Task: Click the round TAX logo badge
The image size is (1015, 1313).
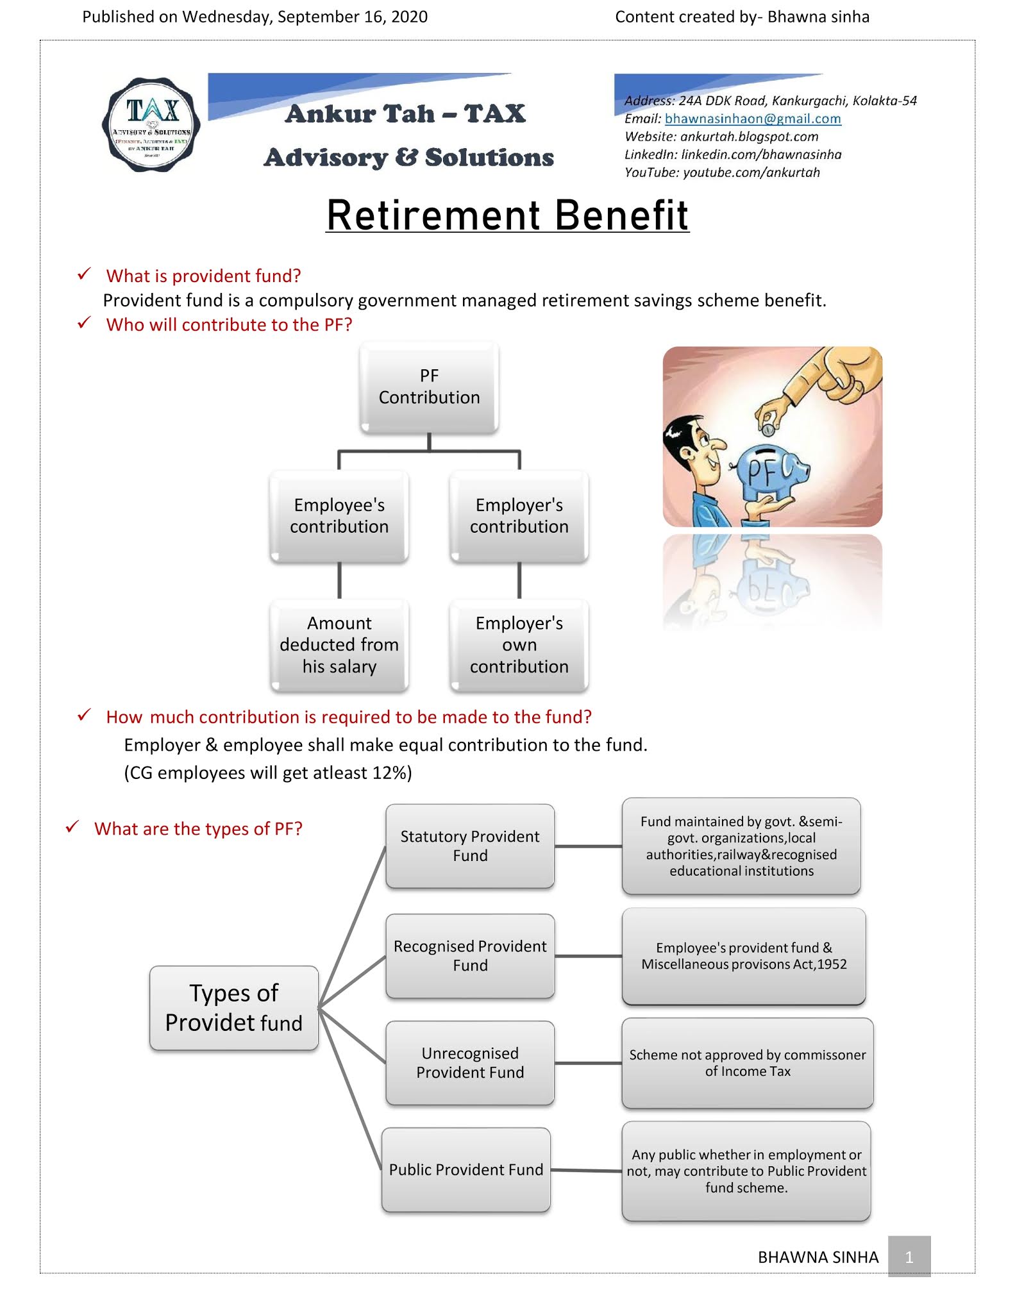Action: (x=151, y=125)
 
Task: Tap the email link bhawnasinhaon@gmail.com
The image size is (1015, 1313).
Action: (x=752, y=119)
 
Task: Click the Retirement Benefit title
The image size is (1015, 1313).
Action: (x=507, y=215)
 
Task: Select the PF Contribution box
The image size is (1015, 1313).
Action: (x=429, y=387)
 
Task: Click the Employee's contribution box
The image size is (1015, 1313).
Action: (x=339, y=515)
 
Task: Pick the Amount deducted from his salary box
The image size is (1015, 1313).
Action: (x=339, y=644)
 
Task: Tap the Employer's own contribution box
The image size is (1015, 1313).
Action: (x=519, y=644)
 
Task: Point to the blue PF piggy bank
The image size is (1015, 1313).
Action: (x=769, y=471)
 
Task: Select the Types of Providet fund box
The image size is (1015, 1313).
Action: (x=234, y=1007)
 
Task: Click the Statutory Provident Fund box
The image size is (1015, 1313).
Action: (x=470, y=846)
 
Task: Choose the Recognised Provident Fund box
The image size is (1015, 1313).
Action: (x=470, y=955)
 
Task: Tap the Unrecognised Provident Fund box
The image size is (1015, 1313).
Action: (x=470, y=1062)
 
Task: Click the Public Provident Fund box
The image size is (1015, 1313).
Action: (x=466, y=1169)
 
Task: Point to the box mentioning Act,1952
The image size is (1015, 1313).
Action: (x=744, y=956)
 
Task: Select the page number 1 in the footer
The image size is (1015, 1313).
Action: (x=909, y=1257)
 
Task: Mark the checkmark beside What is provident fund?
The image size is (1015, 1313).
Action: (x=84, y=274)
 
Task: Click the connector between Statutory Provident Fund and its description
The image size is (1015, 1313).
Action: (x=588, y=846)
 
